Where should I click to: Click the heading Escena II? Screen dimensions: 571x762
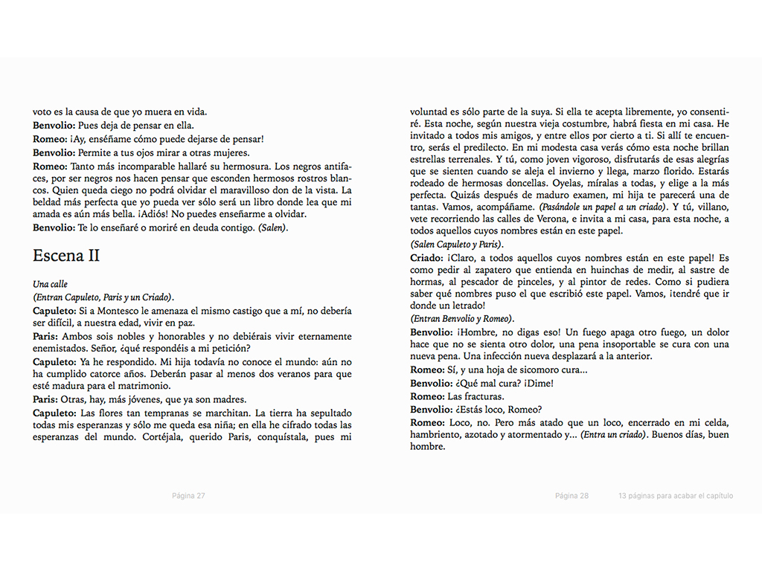coord(66,256)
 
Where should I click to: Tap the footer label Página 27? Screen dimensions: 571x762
coord(188,496)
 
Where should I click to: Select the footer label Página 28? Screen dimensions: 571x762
coord(571,496)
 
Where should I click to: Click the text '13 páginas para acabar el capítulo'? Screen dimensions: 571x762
coord(675,496)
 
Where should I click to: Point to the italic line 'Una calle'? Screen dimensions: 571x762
coord(50,284)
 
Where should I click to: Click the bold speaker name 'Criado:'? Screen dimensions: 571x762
coord(426,258)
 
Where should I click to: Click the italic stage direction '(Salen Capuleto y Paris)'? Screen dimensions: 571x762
coord(456,245)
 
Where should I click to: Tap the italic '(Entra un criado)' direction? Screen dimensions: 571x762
coord(614,433)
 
